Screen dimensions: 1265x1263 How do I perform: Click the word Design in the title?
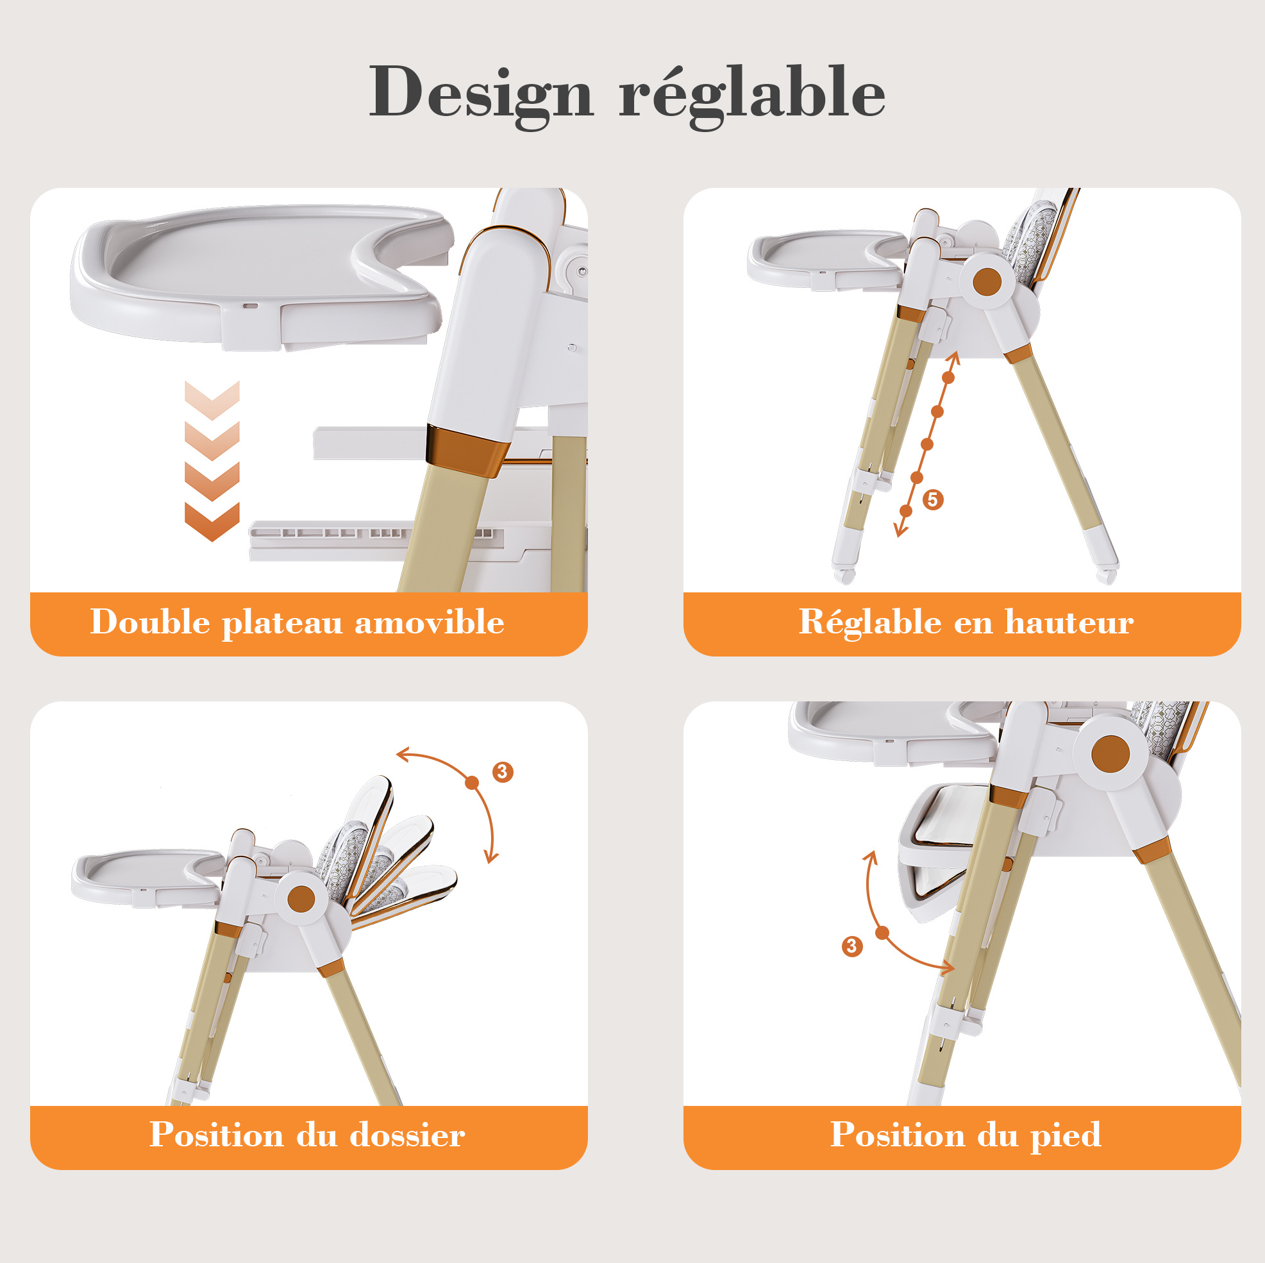click(x=482, y=94)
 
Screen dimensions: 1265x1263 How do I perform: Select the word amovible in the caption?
click(x=430, y=621)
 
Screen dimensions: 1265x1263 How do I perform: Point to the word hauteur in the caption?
click(x=1069, y=621)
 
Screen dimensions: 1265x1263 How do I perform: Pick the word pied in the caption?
click(x=1066, y=1136)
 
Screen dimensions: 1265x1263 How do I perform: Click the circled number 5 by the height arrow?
click(x=933, y=499)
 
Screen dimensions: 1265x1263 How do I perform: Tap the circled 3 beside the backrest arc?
click(x=503, y=772)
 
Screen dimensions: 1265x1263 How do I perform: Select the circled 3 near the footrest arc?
click(x=852, y=946)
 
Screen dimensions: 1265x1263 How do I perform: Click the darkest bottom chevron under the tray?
click(x=212, y=521)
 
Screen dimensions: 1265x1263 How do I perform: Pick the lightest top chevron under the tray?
click(x=212, y=400)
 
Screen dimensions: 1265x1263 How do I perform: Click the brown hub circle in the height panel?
click(x=987, y=282)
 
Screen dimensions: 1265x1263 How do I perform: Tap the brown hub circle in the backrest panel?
click(x=301, y=899)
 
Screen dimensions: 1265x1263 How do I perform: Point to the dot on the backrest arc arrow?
click(x=472, y=782)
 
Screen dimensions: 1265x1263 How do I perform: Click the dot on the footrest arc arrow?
click(x=882, y=933)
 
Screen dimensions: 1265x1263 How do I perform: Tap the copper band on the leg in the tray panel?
click(x=466, y=449)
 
